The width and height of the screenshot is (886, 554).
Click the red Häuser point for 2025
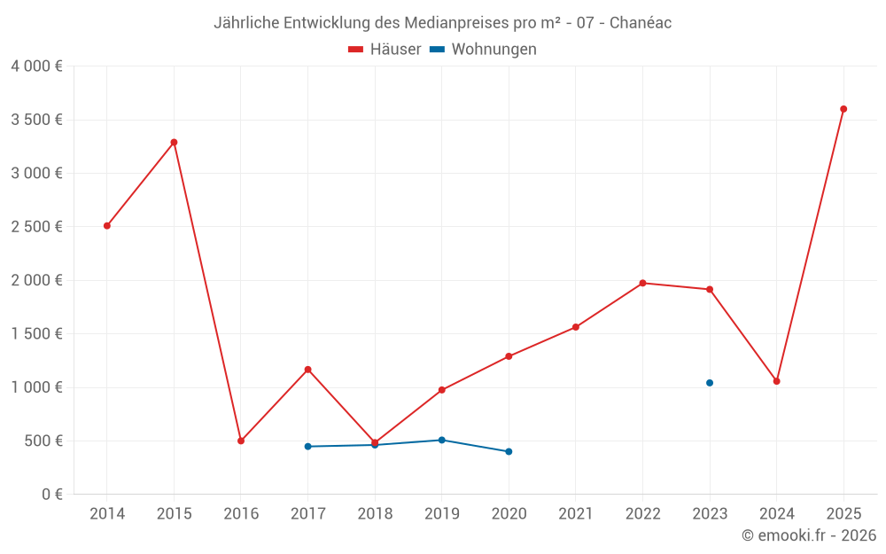point(843,109)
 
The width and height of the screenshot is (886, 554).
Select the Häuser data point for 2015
point(174,142)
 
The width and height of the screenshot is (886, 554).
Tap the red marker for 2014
point(107,226)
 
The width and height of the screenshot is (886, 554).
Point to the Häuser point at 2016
point(241,441)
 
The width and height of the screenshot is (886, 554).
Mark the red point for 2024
point(777,381)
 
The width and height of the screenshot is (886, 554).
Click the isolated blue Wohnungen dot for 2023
point(710,383)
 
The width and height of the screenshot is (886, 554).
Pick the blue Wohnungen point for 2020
point(509,451)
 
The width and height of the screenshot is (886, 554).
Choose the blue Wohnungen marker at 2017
point(307,447)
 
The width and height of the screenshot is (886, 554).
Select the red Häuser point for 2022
point(642,283)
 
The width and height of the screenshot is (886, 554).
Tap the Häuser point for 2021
point(576,327)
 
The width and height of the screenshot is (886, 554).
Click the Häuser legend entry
point(385,50)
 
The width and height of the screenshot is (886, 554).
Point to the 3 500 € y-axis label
point(36,120)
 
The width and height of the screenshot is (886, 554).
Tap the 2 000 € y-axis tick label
point(36,280)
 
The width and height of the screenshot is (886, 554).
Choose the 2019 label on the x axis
point(441,514)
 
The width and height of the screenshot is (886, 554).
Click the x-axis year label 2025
point(843,514)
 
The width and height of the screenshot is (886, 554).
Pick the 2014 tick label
point(107,514)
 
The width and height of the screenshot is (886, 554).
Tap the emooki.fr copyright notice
point(809,535)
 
